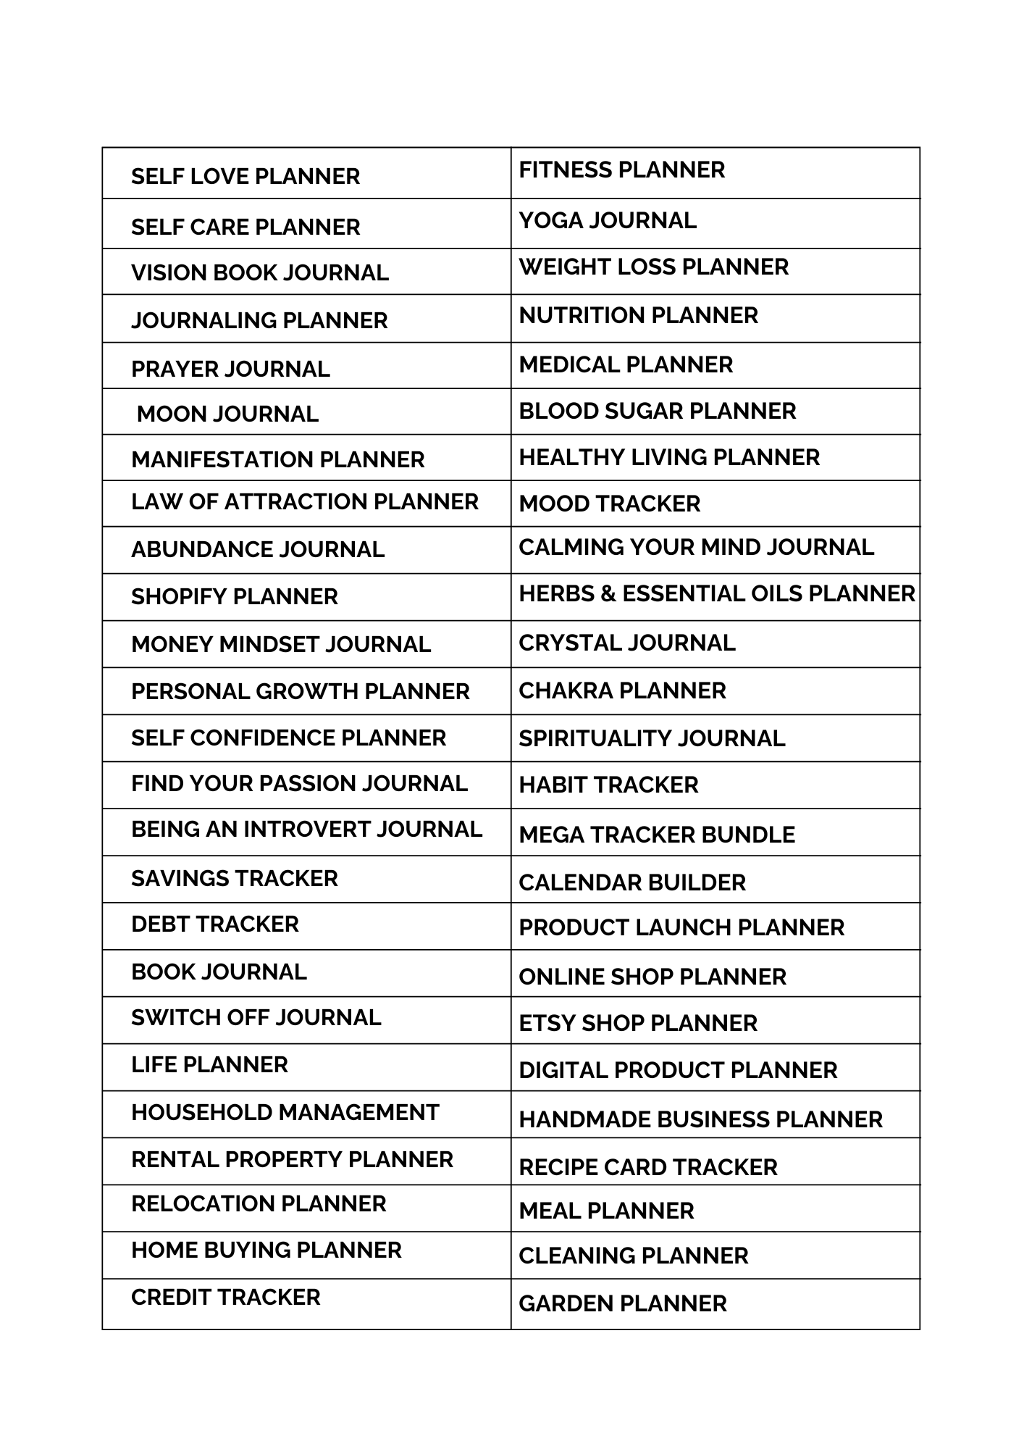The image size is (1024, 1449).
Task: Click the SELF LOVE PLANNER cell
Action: [x=245, y=176]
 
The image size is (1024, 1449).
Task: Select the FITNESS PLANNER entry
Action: [x=621, y=170]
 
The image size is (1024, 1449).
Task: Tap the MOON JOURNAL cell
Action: [x=227, y=414]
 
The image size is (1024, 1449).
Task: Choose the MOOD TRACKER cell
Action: [x=609, y=504]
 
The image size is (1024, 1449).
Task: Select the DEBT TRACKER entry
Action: [x=214, y=924]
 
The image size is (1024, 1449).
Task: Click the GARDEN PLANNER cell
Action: [x=622, y=1303]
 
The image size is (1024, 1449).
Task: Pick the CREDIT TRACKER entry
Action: [x=225, y=1297]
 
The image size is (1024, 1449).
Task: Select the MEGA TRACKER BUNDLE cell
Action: [x=656, y=835]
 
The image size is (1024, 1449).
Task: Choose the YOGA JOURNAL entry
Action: [x=607, y=220]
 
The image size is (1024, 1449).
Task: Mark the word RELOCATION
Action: [x=202, y=1203]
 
